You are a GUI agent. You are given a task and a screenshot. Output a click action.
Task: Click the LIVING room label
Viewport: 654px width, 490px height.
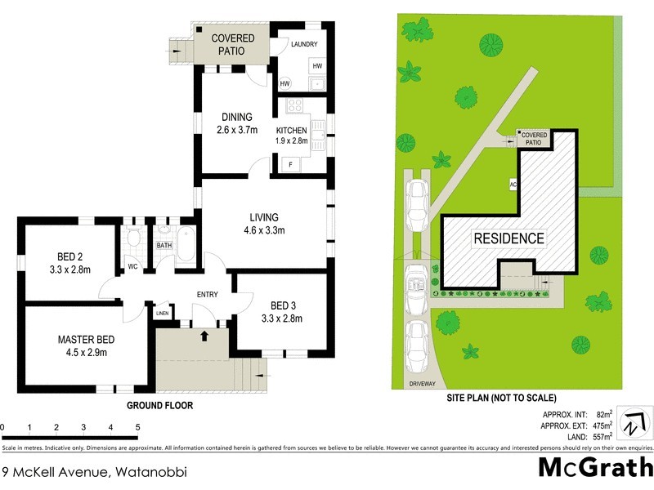point(264,217)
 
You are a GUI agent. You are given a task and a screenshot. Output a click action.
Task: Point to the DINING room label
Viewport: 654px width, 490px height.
point(235,117)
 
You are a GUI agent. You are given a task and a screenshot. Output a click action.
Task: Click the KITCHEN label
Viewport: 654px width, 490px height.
point(291,131)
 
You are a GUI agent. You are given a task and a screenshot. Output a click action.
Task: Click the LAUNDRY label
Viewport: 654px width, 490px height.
point(302,44)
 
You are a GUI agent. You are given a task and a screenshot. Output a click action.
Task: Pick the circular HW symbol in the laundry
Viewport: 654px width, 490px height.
point(284,83)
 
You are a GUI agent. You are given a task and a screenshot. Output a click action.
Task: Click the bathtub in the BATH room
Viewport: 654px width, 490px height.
point(186,246)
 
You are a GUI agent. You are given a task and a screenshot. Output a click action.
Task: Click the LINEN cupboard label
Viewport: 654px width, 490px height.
point(162,313)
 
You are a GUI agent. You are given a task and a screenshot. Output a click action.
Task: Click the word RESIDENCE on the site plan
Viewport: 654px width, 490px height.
point(508,238)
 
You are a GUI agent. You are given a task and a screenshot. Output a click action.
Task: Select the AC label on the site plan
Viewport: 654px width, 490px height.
point(513,185)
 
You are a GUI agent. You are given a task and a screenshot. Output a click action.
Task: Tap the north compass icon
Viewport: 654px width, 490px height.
point(632,425)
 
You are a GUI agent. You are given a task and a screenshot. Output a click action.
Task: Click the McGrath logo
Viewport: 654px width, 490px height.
point(594,467)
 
